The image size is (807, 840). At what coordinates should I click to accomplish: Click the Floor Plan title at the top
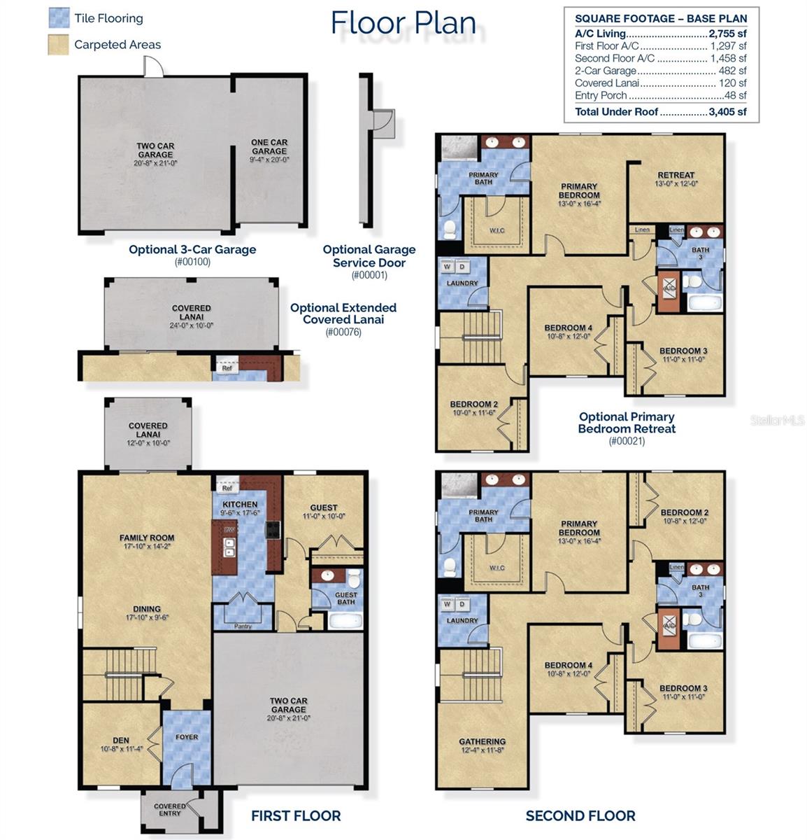[403, 22]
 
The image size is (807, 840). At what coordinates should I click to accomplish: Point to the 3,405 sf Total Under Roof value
[727, 112]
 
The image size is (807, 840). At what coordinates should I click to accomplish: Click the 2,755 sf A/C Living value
[727, 34]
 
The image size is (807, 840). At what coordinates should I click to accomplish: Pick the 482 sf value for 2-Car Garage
[732, 71]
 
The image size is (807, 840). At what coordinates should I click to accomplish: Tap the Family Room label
[147, 538]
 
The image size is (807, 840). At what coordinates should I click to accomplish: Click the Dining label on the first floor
[147, 609]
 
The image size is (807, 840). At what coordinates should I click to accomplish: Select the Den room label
[121, 740]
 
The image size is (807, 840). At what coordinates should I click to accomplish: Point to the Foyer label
[187, 737]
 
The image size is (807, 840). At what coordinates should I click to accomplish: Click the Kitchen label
[240, 504]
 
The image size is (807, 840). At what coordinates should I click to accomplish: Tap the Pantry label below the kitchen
[243, 626]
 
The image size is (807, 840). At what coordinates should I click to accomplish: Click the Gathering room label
[483, 741]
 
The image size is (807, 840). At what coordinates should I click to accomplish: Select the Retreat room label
[676, 175]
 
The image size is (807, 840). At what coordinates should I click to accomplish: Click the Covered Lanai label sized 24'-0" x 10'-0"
[192, 312]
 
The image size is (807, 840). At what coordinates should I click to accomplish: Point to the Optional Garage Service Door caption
[369, 256]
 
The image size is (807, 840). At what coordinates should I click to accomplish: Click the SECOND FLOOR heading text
[580, 816]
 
